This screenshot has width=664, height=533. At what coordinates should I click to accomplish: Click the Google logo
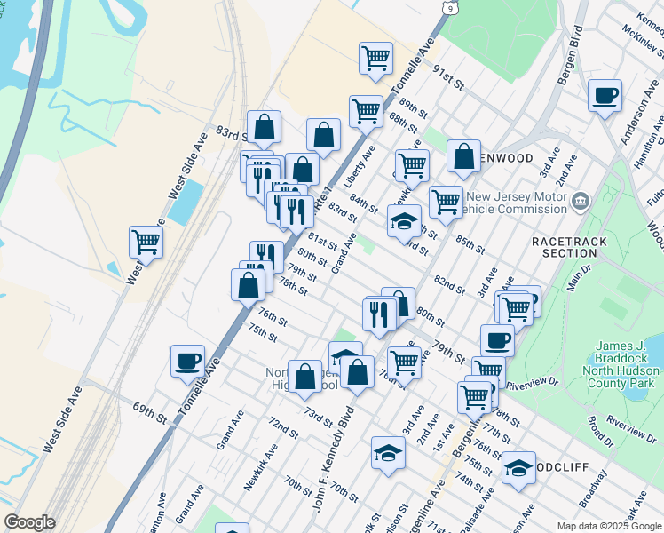click(29, 522)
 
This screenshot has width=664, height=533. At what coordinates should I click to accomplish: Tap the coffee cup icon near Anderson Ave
click(605, 96)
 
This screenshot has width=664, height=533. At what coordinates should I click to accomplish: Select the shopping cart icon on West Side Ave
click(146, 241)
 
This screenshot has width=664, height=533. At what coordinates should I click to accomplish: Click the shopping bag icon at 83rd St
click(264, 127)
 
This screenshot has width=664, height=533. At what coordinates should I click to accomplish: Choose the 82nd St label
click(449, 285)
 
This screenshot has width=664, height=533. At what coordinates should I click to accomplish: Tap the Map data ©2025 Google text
click(609, 526)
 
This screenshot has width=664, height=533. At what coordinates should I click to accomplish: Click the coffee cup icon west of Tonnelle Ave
click(188, 362)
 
